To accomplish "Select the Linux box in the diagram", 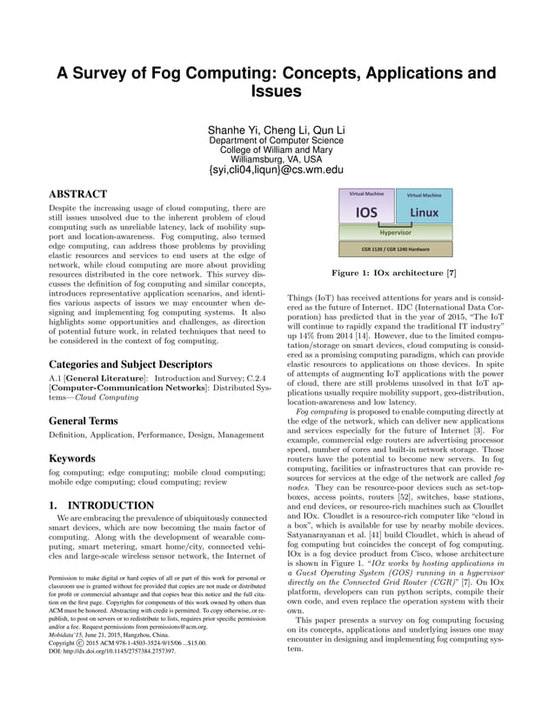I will point(424,213).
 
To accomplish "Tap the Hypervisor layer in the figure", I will point(395,233).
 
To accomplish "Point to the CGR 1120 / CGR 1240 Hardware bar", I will point(395,249).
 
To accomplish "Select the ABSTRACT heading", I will point(78,194).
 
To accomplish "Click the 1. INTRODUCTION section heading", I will point(102,505).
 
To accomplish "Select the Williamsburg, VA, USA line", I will point(277,159).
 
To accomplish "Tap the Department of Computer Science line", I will point(277,140).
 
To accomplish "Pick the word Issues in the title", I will point(277,91).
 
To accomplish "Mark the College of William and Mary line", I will point(277,150).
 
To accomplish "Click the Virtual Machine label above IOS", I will point(366,194).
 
